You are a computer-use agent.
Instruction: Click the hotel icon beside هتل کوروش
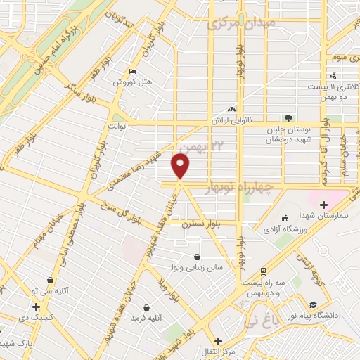pos(134,71)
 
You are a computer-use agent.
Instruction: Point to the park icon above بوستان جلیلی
pos(288,117)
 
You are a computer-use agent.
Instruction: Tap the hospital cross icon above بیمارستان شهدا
pos(323,205)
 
